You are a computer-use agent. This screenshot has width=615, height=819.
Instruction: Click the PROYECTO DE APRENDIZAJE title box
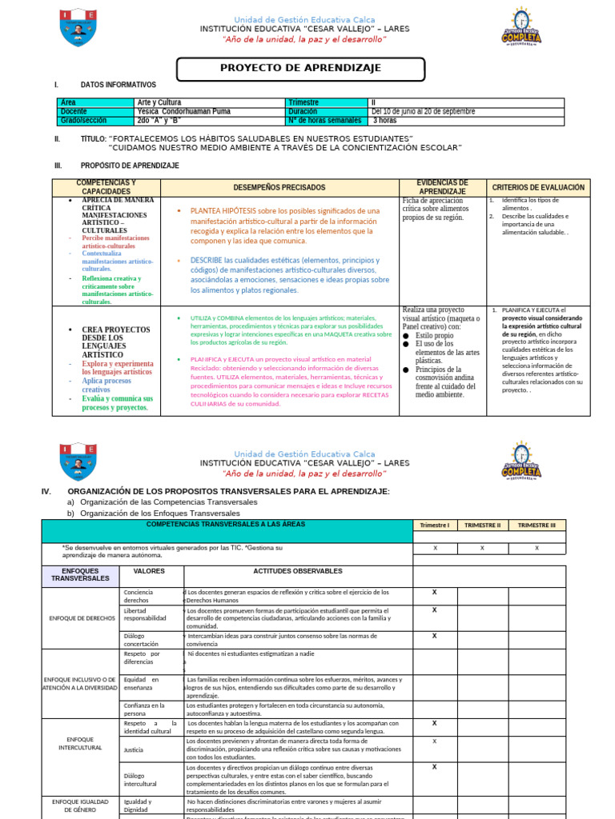coord(300,69)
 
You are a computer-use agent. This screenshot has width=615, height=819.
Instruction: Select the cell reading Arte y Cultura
coord(159,102)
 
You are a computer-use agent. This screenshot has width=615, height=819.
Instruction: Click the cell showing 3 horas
coord(384,121)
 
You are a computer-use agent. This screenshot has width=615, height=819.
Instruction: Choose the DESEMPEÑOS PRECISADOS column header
coord(279,188)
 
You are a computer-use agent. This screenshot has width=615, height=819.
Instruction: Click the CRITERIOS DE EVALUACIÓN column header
coord(538,188)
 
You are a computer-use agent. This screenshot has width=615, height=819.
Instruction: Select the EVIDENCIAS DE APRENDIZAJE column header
coord(443,188)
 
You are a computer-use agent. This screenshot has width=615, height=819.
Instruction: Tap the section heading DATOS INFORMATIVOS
coord(119,85)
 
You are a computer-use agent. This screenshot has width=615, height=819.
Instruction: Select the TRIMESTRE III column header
coord(537,525)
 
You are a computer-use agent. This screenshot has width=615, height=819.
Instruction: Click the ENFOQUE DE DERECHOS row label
coord(82,618)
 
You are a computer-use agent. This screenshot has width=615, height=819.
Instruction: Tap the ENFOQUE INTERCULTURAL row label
coord(81,743)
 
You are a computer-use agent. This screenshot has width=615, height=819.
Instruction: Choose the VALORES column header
coord(149,572)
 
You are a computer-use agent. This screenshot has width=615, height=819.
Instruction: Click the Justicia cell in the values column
coord(134,750)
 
